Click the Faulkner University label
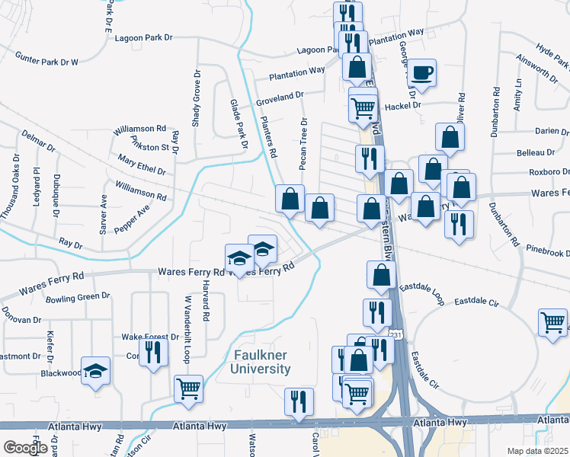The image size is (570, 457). coord(259,361)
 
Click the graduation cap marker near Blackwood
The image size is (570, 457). coord(96,371)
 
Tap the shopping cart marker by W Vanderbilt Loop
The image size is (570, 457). coord(188,388)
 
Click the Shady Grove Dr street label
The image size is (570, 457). coord(197,97)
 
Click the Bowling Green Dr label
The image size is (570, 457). coord(78,296)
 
